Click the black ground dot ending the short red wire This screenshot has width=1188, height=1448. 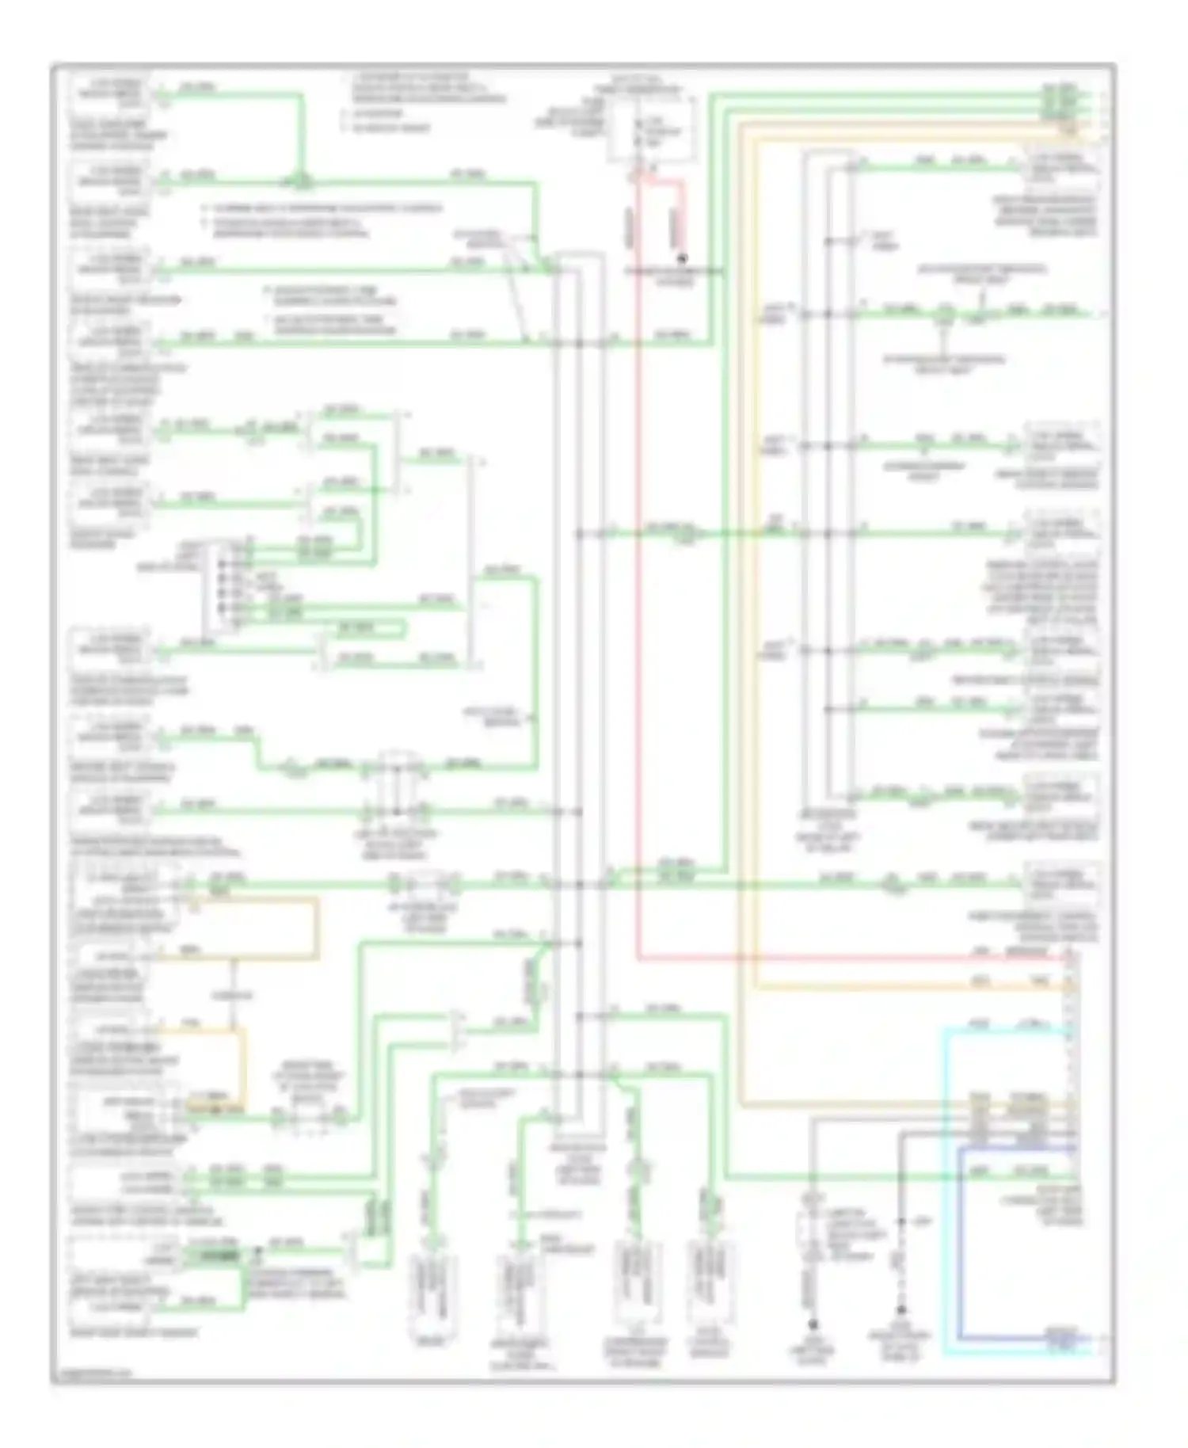[x=680, y=257]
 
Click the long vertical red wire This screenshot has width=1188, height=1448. [x=638, y=554]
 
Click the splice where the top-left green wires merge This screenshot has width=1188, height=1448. [x=302, y=184]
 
